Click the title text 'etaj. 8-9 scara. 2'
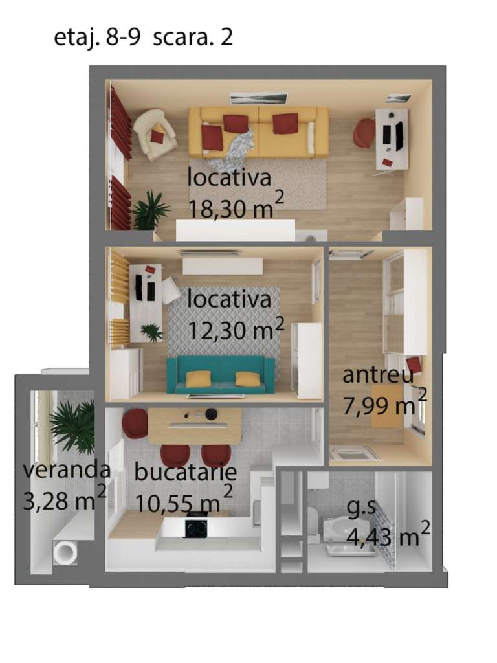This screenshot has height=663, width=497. click(143, 38)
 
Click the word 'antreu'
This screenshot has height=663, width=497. click(378, 375)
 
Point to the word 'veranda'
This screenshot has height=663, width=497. click(67, 469)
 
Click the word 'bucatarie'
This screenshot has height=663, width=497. click(185, 471)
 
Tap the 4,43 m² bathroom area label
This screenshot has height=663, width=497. click(388, 535)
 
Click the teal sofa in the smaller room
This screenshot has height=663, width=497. click(221, 375)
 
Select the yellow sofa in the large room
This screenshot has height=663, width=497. click(258, 132)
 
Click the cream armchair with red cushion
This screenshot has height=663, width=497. click(154, 134)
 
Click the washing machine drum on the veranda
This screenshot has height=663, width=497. click(65, 552)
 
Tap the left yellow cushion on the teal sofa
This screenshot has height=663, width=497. click(199, 378)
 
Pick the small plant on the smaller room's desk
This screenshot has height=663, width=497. click(151, 332)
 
